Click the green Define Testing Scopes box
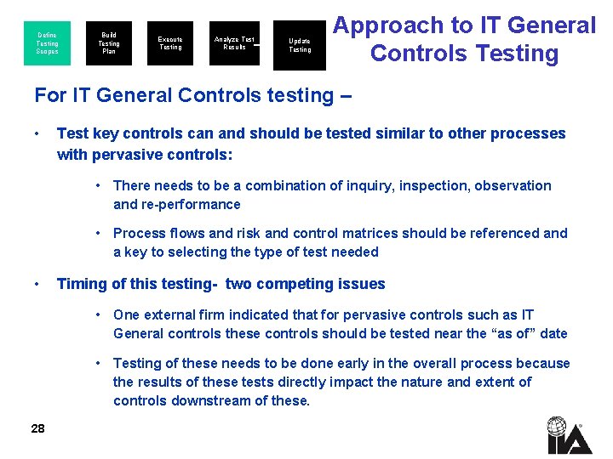pos(48,43)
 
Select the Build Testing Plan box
pos(109,43)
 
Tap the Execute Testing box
pos(170,43)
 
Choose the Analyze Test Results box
pos(234,43)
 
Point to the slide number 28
pos(37,428)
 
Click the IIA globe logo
pos(558,434)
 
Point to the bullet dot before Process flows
pos(100,233)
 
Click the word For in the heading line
pos(50,95)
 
